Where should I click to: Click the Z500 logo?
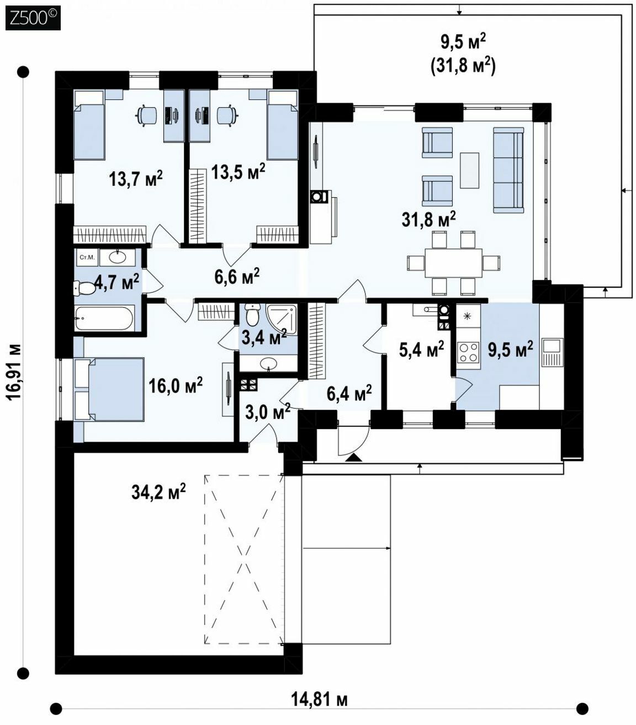click(x=33, y=18)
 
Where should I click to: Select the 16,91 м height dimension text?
click(x=14, y=373)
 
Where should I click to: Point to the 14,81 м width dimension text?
click(x=319, y=699)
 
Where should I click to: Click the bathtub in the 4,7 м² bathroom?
click(x=104, y=317)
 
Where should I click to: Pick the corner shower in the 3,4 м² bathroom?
click(x=282, y=319)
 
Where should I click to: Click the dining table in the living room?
click(x=453, y=263)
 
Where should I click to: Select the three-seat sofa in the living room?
click(x=508, y=170)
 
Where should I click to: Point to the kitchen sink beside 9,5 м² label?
click(x=552, y=352)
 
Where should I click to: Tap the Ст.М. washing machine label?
click(x=87, y=257)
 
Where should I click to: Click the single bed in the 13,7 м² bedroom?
click(x=89, y=125)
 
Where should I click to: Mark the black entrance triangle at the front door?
click(x=353, y=457)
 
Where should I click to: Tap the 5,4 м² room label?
click(x=422, y=349)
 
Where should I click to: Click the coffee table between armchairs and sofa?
click(x=469, y=170)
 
